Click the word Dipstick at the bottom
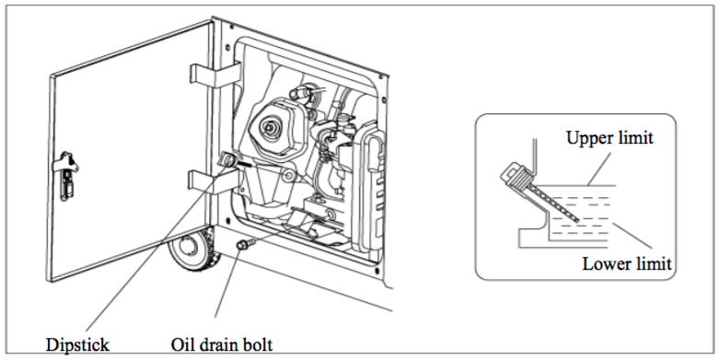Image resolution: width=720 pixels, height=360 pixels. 77,344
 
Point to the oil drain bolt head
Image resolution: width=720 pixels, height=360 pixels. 240,246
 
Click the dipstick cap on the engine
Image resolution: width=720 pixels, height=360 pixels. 227,159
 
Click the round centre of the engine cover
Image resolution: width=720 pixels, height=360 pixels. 269,125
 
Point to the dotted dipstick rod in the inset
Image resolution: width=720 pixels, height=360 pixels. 554,203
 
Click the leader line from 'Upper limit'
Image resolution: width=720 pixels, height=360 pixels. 601,168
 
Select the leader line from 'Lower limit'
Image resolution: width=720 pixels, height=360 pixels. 633,237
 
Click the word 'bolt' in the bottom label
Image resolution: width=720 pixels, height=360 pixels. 258,344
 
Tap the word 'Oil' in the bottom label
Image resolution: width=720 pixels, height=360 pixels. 182,344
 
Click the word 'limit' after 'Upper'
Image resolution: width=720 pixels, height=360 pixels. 635,138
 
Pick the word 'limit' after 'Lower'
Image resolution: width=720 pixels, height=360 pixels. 654,263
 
